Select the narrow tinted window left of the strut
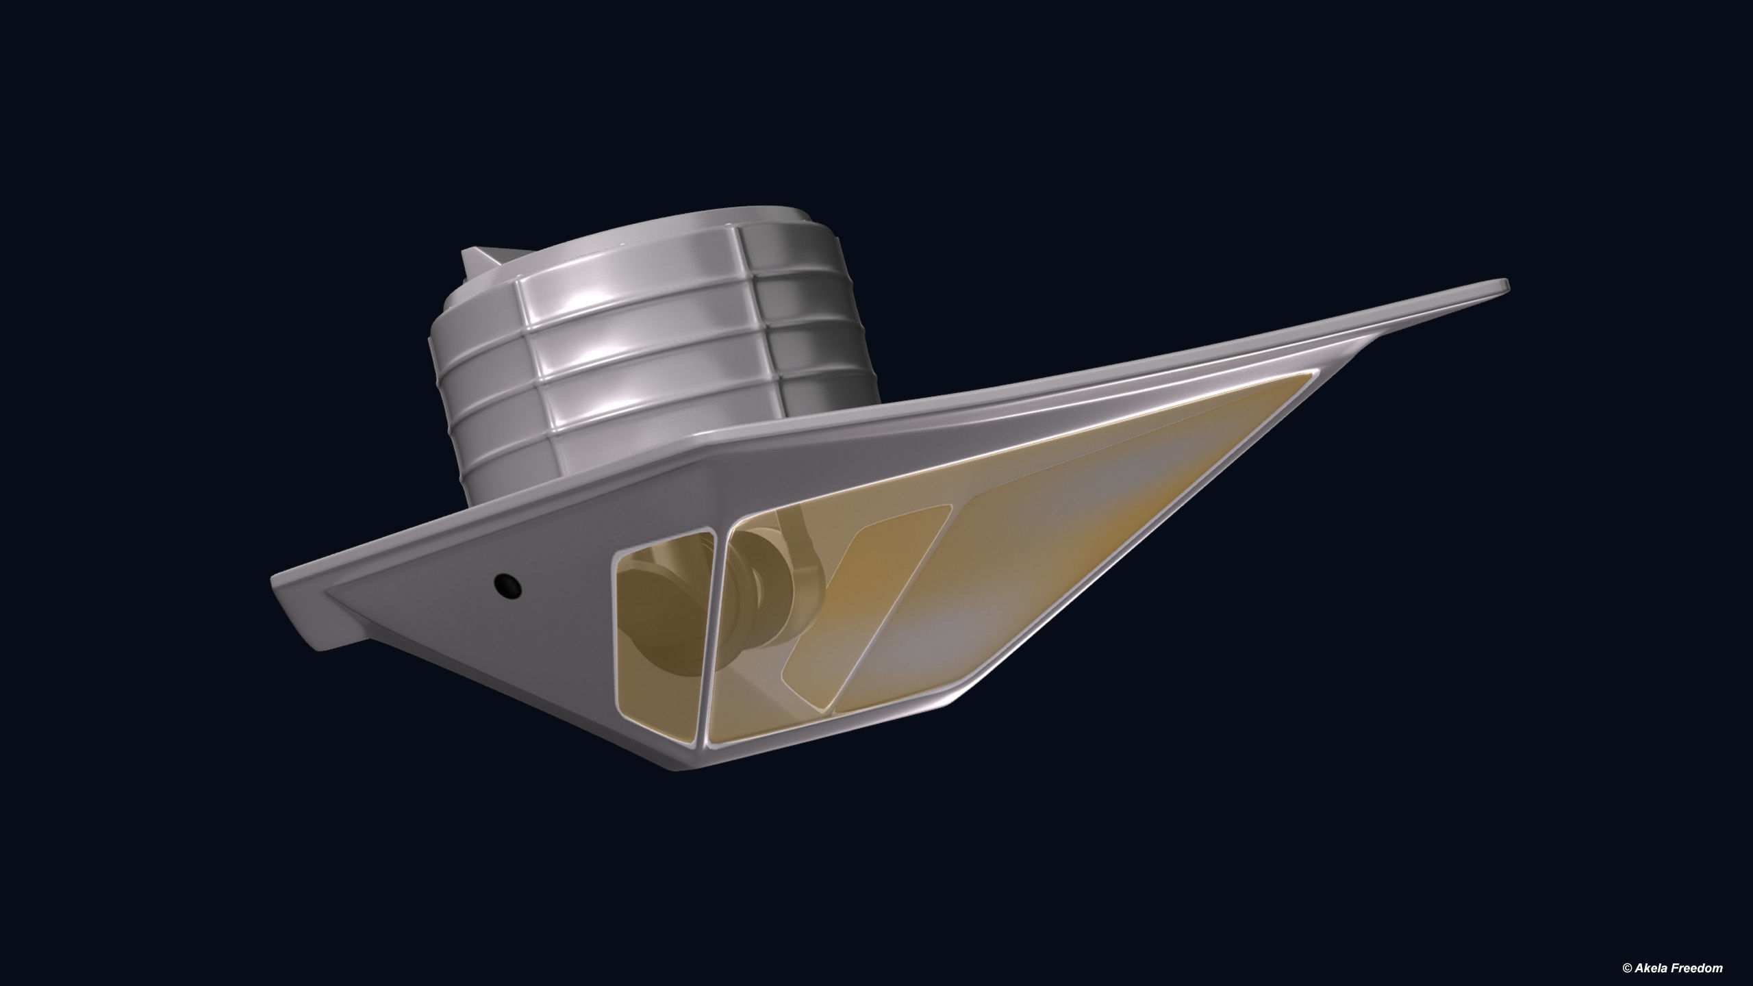click(661, 644)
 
